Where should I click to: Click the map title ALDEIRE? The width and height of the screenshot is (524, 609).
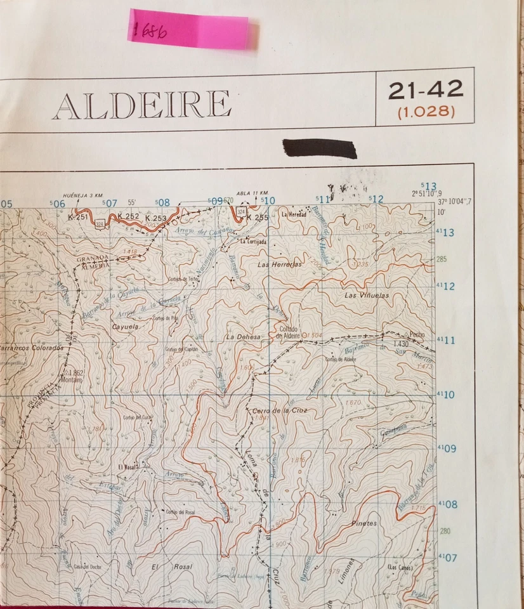tap(141, 105)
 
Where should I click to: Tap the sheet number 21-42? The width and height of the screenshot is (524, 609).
tap(426, 90)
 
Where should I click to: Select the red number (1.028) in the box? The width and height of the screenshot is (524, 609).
tap(426, 112)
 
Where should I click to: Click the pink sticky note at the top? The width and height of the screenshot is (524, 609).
tap(191, 29)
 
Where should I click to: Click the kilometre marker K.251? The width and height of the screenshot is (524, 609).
tap(78, 217)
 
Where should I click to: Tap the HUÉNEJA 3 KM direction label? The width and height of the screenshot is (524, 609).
tap(82, 195)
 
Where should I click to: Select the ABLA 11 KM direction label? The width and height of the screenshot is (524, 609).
tap(252, 193)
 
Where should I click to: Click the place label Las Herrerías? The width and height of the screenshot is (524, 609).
tap(280, 264)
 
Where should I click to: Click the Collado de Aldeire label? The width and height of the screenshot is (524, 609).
tap(287, 332)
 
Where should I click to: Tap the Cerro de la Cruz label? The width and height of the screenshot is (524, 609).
tap(280, 412)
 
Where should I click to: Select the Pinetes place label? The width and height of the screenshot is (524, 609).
tap(364, 523)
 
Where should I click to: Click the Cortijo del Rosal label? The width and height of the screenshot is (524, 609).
tap(180, 512)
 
